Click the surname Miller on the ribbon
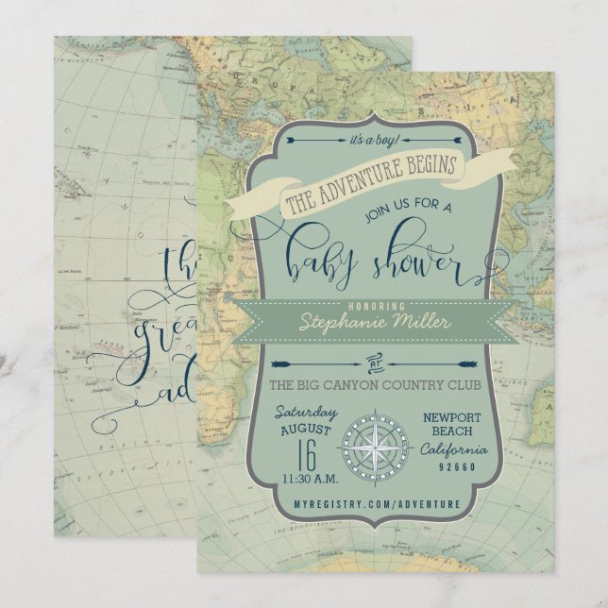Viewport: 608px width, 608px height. (416, 321)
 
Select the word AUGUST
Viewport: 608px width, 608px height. (303, 432)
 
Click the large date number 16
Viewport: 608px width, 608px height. (303, 457)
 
